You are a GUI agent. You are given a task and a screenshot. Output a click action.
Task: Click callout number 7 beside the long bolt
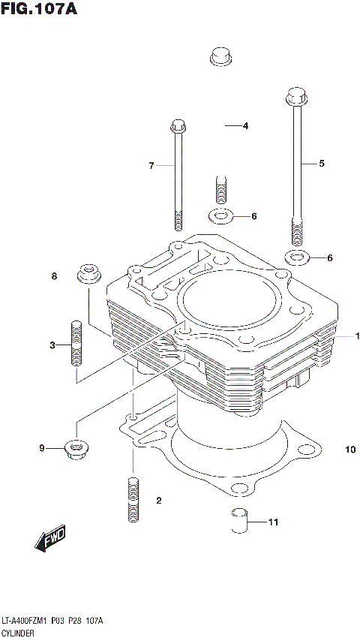151,165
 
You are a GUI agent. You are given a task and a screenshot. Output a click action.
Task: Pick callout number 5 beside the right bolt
322,163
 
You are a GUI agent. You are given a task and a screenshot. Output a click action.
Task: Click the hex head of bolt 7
178,125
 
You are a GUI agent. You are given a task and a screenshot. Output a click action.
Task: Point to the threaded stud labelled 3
75,343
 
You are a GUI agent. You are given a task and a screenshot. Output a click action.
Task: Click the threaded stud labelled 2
132,500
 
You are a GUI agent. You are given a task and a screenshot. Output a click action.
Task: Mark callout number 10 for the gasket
349,450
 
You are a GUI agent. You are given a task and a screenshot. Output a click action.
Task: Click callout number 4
245,126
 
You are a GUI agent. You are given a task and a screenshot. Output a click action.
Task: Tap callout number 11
273,522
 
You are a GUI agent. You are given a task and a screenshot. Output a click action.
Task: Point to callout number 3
52,345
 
